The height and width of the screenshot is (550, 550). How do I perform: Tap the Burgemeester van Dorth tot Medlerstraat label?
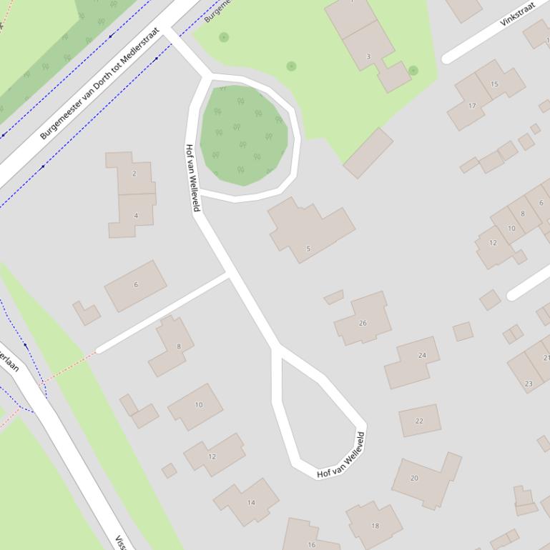click(99, 83)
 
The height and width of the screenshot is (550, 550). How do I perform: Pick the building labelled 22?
click(419, 421)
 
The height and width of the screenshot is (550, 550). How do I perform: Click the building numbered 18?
click(375, 525)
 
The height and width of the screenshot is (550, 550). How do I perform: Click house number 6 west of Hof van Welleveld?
click(136, 284)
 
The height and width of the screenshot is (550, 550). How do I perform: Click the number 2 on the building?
click(134, 174)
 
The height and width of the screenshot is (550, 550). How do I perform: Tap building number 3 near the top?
click(368, 56)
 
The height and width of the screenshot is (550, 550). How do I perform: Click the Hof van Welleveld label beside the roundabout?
click(191, 177)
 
